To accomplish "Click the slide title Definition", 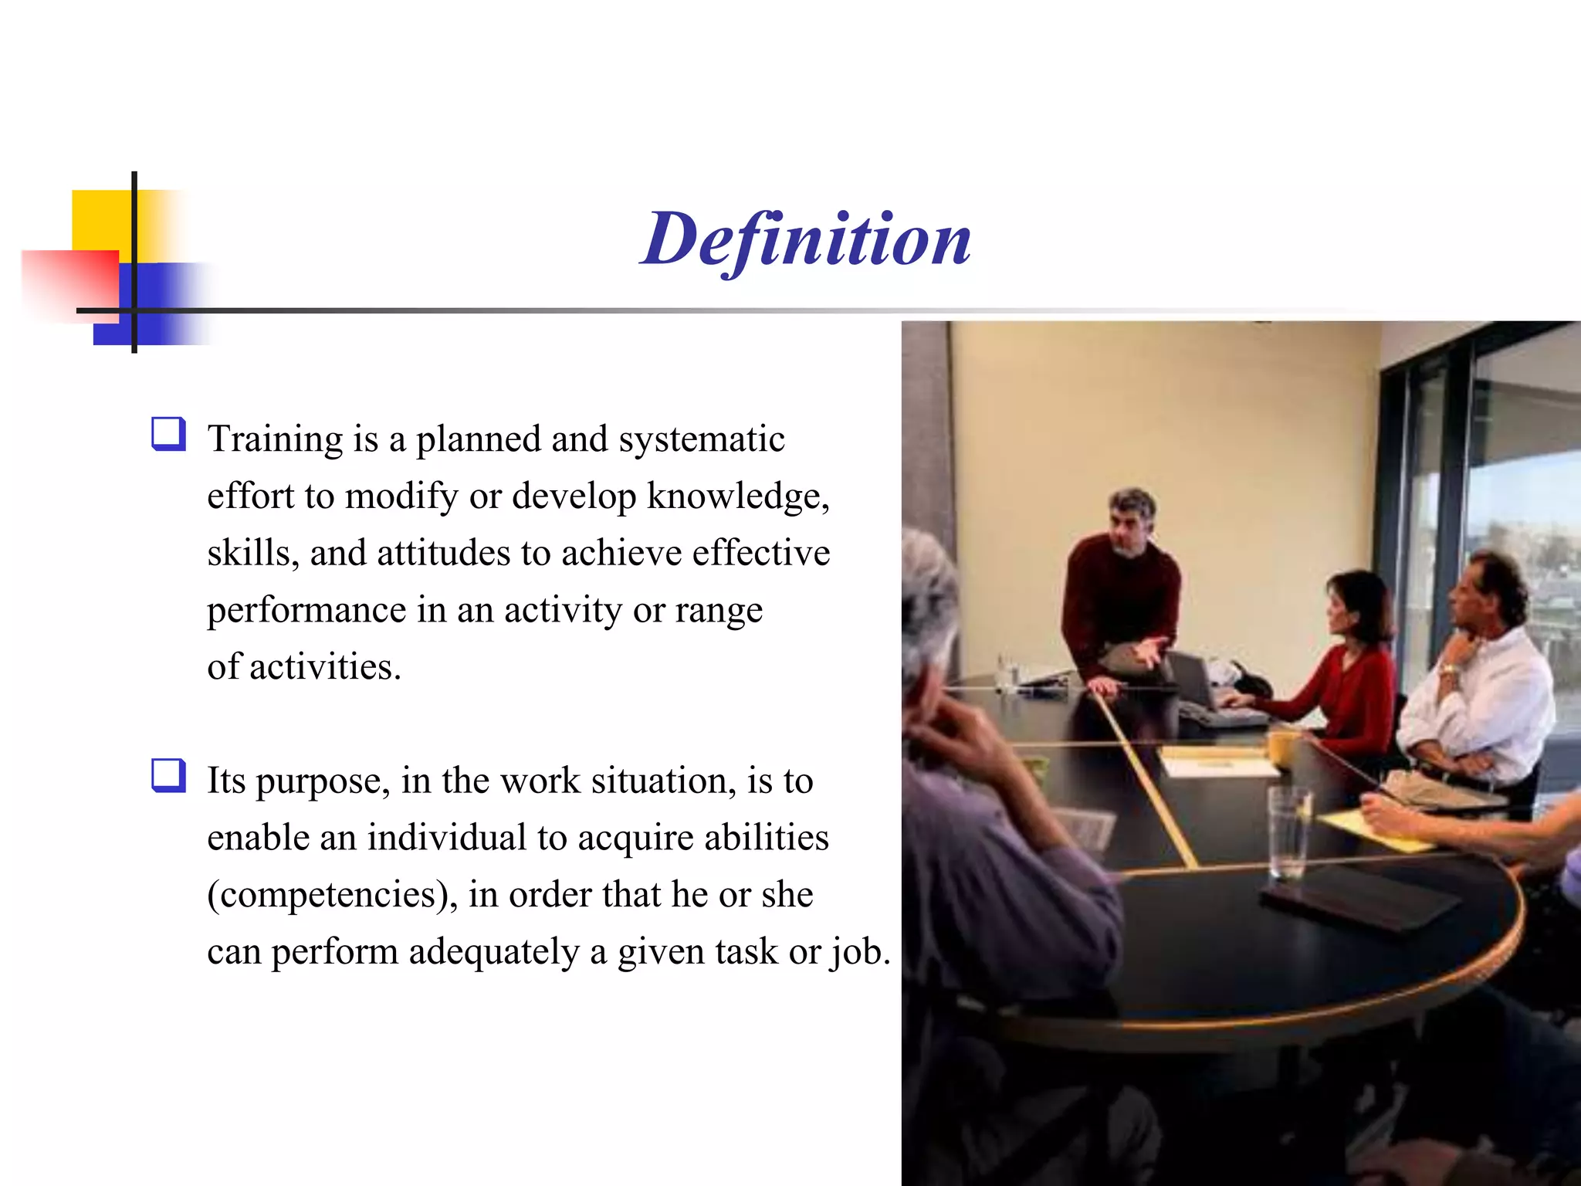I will (805, 239).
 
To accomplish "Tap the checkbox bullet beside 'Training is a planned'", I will (168, 434).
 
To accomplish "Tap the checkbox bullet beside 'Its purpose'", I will (168, 775).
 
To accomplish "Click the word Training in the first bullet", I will (275, 440).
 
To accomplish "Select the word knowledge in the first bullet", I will (737, 496).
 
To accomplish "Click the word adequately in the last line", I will (493, 952).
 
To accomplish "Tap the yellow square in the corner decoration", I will (100, 219).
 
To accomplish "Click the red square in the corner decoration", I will (69, 286).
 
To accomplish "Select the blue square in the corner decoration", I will (154, 305).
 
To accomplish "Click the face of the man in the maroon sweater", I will (1129, 525).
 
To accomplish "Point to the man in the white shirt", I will (1478, 679).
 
